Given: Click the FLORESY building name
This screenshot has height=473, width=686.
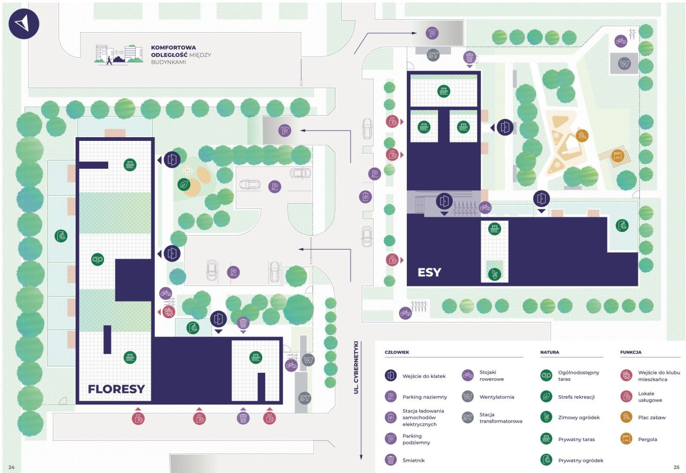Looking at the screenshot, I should [x=116, y=389].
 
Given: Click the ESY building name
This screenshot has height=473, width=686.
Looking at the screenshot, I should [x=429, y=272].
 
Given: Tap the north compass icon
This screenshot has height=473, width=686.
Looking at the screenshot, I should [x=24, y=23].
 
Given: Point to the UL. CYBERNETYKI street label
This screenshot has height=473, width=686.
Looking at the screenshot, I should [x=355, y=369].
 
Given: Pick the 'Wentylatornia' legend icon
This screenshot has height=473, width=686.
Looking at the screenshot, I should [x=468, y=397].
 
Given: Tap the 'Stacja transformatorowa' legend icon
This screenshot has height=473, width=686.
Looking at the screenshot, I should [x=468, y=418].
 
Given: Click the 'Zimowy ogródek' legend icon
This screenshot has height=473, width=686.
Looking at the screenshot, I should [x=546, y=417].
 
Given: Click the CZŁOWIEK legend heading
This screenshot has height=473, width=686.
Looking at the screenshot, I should [x=397, y=352].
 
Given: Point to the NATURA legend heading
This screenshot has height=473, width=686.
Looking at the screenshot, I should [x=550, y=352].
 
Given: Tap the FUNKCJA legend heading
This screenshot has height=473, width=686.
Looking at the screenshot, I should [x=631, y=352].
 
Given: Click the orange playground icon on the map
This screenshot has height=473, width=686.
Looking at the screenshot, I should [x=582, y=134].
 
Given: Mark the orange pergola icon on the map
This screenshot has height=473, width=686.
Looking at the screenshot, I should [x=618, y=156].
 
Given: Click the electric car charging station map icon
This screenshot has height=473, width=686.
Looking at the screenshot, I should [x=365, y=196].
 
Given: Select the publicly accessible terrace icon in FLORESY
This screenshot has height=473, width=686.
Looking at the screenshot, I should [x=97, y=259].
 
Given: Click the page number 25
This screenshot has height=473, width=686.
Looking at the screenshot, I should [x=676, y=467].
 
